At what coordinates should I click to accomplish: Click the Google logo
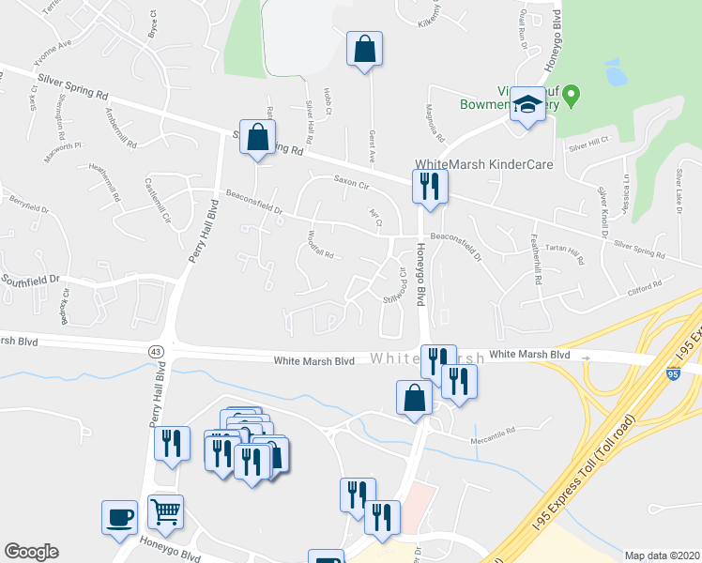(30, 552)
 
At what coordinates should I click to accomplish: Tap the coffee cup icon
(119, 518)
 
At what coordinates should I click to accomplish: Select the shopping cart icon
(165, 512)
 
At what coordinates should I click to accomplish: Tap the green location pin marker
(576, 95)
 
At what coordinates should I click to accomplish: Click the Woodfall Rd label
(322, 251)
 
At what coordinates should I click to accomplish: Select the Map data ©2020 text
(661, 555)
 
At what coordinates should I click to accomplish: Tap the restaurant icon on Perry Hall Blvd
(172, 443)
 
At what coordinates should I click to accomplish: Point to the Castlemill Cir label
(158, 195)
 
